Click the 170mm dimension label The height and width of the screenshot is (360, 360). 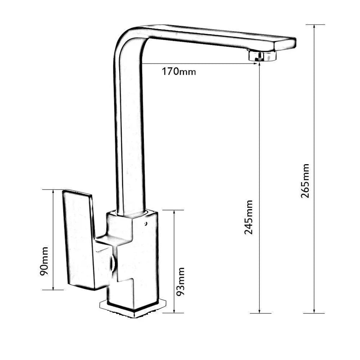tap(179, 72)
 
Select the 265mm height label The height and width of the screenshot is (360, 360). tap(305, 181)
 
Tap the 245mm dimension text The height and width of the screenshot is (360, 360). tap(248, 217)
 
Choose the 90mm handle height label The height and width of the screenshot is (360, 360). tap(44, 261)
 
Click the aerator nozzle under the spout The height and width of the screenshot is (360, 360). tap(262, 55)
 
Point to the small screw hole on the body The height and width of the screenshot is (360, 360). tap(145, 223)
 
